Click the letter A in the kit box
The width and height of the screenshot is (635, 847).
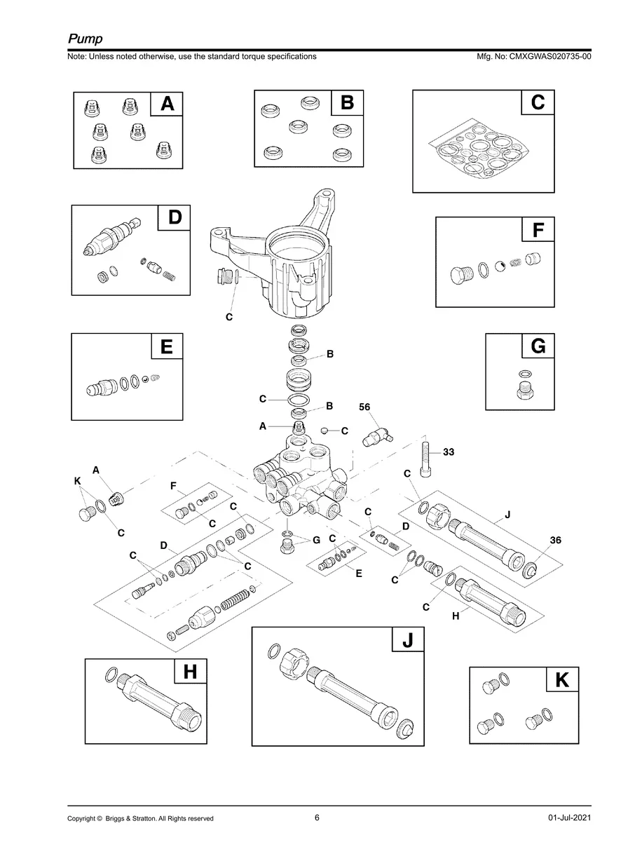(x=168, y=104)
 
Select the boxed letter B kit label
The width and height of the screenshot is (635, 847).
(x=348, y=104)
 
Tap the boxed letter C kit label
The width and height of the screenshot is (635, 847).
(x=538, y=103)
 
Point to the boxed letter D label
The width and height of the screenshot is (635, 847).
(x=174, y=218)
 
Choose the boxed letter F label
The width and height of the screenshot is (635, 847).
(x=538, y=230)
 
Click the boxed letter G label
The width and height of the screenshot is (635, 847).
(x=538, y=346)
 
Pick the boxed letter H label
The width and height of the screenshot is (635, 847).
(x=190, y=672)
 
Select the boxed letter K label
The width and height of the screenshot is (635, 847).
(x=561, y=680)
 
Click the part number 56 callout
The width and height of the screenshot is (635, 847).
(x=364, y=407)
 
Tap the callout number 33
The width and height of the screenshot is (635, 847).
(x=449, y=452)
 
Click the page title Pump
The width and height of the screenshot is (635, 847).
(x=85, y=38)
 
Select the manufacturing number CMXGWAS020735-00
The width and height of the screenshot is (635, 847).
(x=550, y=57)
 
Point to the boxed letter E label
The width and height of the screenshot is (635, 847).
(x=167, y=346)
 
